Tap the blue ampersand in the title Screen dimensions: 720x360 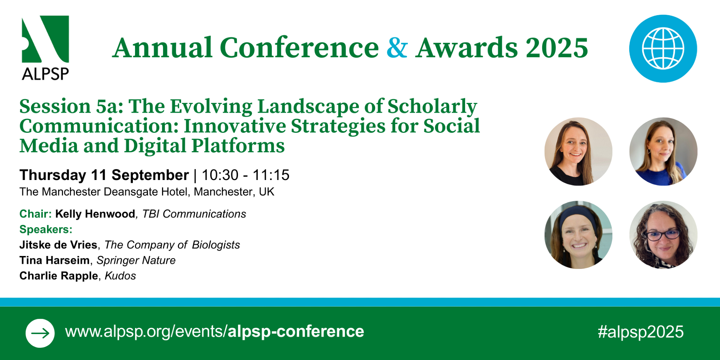(x=397, y=48)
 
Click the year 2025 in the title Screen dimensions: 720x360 (x=557, y=48)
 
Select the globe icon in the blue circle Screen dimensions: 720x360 (x=663, y=49)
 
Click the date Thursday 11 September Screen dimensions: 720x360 (x=104, y=175)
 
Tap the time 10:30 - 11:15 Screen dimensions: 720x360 (x=246, y=175)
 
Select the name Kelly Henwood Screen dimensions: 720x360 (x=95, y=214)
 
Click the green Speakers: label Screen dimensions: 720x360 (x=46, y=229)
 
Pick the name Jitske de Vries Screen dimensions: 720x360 (x=58, y=245)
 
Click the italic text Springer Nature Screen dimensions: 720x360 (x=136, y=260)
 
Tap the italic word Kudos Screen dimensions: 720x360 (x=120, y=276)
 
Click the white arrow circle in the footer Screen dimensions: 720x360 (x=40, y=333)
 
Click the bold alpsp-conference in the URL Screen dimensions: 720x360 (x=296, y=332)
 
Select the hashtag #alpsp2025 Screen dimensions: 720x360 (x=640, y=332)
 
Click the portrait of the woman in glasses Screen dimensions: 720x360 (x=663, y=235)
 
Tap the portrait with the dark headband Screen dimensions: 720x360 (x=578, y=235)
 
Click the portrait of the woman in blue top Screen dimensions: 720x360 (x=663, y=152)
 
